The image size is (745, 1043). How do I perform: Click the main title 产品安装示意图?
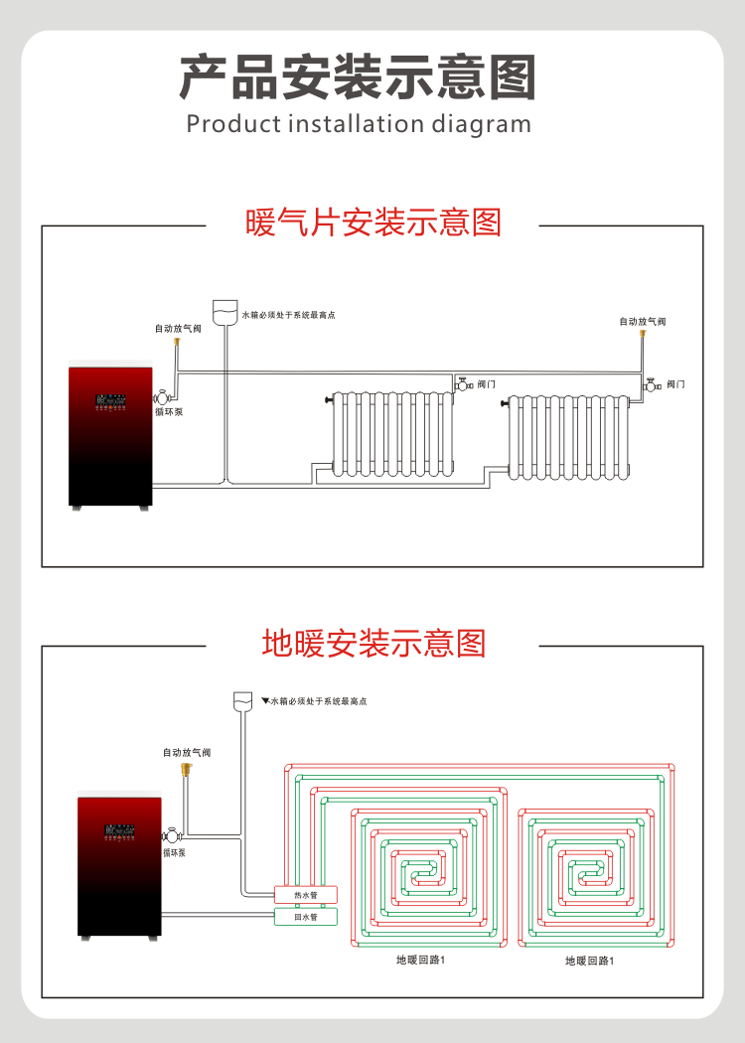tap(358, 77)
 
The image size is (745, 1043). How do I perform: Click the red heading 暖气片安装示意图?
tap(372, 223)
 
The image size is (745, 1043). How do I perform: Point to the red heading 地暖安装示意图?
tap(373, 643)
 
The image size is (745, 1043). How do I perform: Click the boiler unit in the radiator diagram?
tap(110, 437)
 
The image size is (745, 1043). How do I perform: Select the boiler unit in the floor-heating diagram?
tap(119, 864)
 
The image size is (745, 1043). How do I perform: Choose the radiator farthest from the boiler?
tap(568, 437)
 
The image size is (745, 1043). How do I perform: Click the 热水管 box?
tap(305, 895)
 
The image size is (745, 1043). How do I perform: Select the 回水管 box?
tap(305, 917)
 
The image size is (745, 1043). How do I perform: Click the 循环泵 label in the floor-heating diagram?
tap(175, 852)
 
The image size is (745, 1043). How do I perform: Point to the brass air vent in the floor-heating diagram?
tap(186, 769)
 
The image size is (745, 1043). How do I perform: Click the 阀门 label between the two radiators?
tap(486, 384)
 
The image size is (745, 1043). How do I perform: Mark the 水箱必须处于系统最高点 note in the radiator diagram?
tap(289, 315)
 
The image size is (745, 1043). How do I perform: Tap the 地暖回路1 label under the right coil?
tap(589, 961)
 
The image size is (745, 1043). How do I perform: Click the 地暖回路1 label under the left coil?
tap(420, 961)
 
